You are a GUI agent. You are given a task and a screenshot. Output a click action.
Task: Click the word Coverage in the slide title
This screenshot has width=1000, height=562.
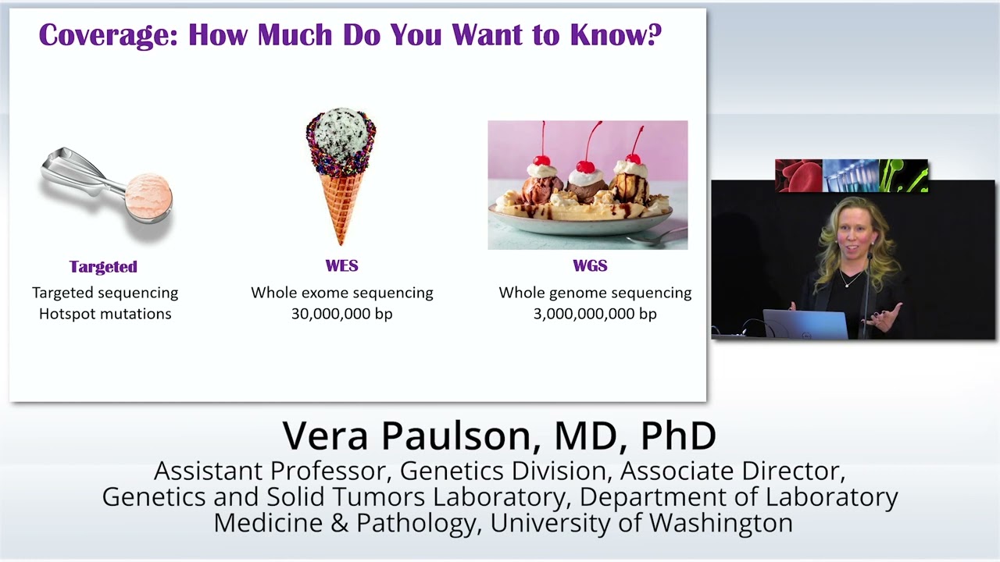109,35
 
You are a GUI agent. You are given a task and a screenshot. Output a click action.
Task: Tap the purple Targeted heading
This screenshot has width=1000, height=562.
103,267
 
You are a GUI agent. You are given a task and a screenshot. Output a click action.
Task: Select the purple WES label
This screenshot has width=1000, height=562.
341,266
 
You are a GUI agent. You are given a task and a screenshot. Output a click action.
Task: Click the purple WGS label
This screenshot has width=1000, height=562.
590,266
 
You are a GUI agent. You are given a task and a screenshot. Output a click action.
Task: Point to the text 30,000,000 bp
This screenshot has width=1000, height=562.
342,314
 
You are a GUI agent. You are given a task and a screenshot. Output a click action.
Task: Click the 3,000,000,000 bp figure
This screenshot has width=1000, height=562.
595,314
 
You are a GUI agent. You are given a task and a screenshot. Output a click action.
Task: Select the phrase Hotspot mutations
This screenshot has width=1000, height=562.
105,314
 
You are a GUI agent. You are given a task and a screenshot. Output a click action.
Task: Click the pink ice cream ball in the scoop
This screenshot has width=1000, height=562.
148,195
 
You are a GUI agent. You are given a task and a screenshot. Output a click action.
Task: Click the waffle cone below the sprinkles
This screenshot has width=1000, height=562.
341,205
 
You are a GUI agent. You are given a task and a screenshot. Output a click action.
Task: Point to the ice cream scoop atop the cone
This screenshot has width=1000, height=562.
341,133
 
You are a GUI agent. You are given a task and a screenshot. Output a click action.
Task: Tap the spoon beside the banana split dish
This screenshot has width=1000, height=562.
657,237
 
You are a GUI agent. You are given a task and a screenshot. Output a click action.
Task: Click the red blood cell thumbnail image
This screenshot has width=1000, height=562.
798,176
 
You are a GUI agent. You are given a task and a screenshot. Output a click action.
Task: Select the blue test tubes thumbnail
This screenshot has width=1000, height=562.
851,176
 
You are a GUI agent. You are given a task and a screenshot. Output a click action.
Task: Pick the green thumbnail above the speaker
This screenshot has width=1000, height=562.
904,176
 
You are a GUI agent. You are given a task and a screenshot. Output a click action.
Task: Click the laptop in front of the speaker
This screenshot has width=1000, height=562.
805,324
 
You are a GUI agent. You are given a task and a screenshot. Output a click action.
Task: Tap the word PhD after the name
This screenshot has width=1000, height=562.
678,436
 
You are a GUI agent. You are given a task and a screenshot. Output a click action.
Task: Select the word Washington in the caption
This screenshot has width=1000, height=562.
720,523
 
